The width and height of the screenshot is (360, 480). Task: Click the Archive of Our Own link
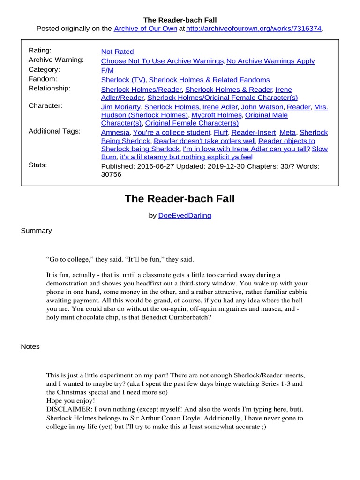click(145, 29)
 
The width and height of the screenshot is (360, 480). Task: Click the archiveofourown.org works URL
click(254, 29)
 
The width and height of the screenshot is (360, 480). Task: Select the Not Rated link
click(117, 52)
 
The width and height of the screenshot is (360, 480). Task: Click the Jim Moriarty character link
click(120, 107)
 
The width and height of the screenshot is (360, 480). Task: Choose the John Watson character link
click(262, 107)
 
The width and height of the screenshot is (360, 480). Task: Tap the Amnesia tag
click(115, 133)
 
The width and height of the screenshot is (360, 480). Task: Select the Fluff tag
click(220, 133)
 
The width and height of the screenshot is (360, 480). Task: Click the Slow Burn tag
click(320, 149)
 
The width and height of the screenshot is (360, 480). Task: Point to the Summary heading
click(37, 231)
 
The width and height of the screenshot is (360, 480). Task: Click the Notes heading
click(30, 346)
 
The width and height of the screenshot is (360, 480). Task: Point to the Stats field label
click(37, 165)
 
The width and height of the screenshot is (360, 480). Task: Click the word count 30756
click(111, 174)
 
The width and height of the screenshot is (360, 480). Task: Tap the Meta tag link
click(287, 133)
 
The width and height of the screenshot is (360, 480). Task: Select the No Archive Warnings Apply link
click(270, 61)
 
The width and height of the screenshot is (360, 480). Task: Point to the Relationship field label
click(49, 88)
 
